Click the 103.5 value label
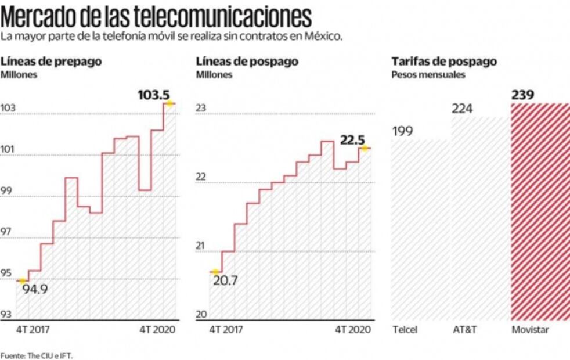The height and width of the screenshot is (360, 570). (153, 93)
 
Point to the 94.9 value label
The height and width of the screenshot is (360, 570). (35, 289)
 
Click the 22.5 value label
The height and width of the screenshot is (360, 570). (353, 139)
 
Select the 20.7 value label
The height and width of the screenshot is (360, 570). (225, 281)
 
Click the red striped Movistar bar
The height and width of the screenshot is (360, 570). (540, 212)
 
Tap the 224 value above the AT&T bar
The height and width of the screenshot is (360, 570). (463, 109)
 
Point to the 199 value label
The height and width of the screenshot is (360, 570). (402, 131)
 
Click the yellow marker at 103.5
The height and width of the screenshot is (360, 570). (169, 103)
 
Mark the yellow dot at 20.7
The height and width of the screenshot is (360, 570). (215, 272)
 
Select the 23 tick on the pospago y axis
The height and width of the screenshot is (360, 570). (201, 107)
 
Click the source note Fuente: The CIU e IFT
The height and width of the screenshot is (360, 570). (37, 355)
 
